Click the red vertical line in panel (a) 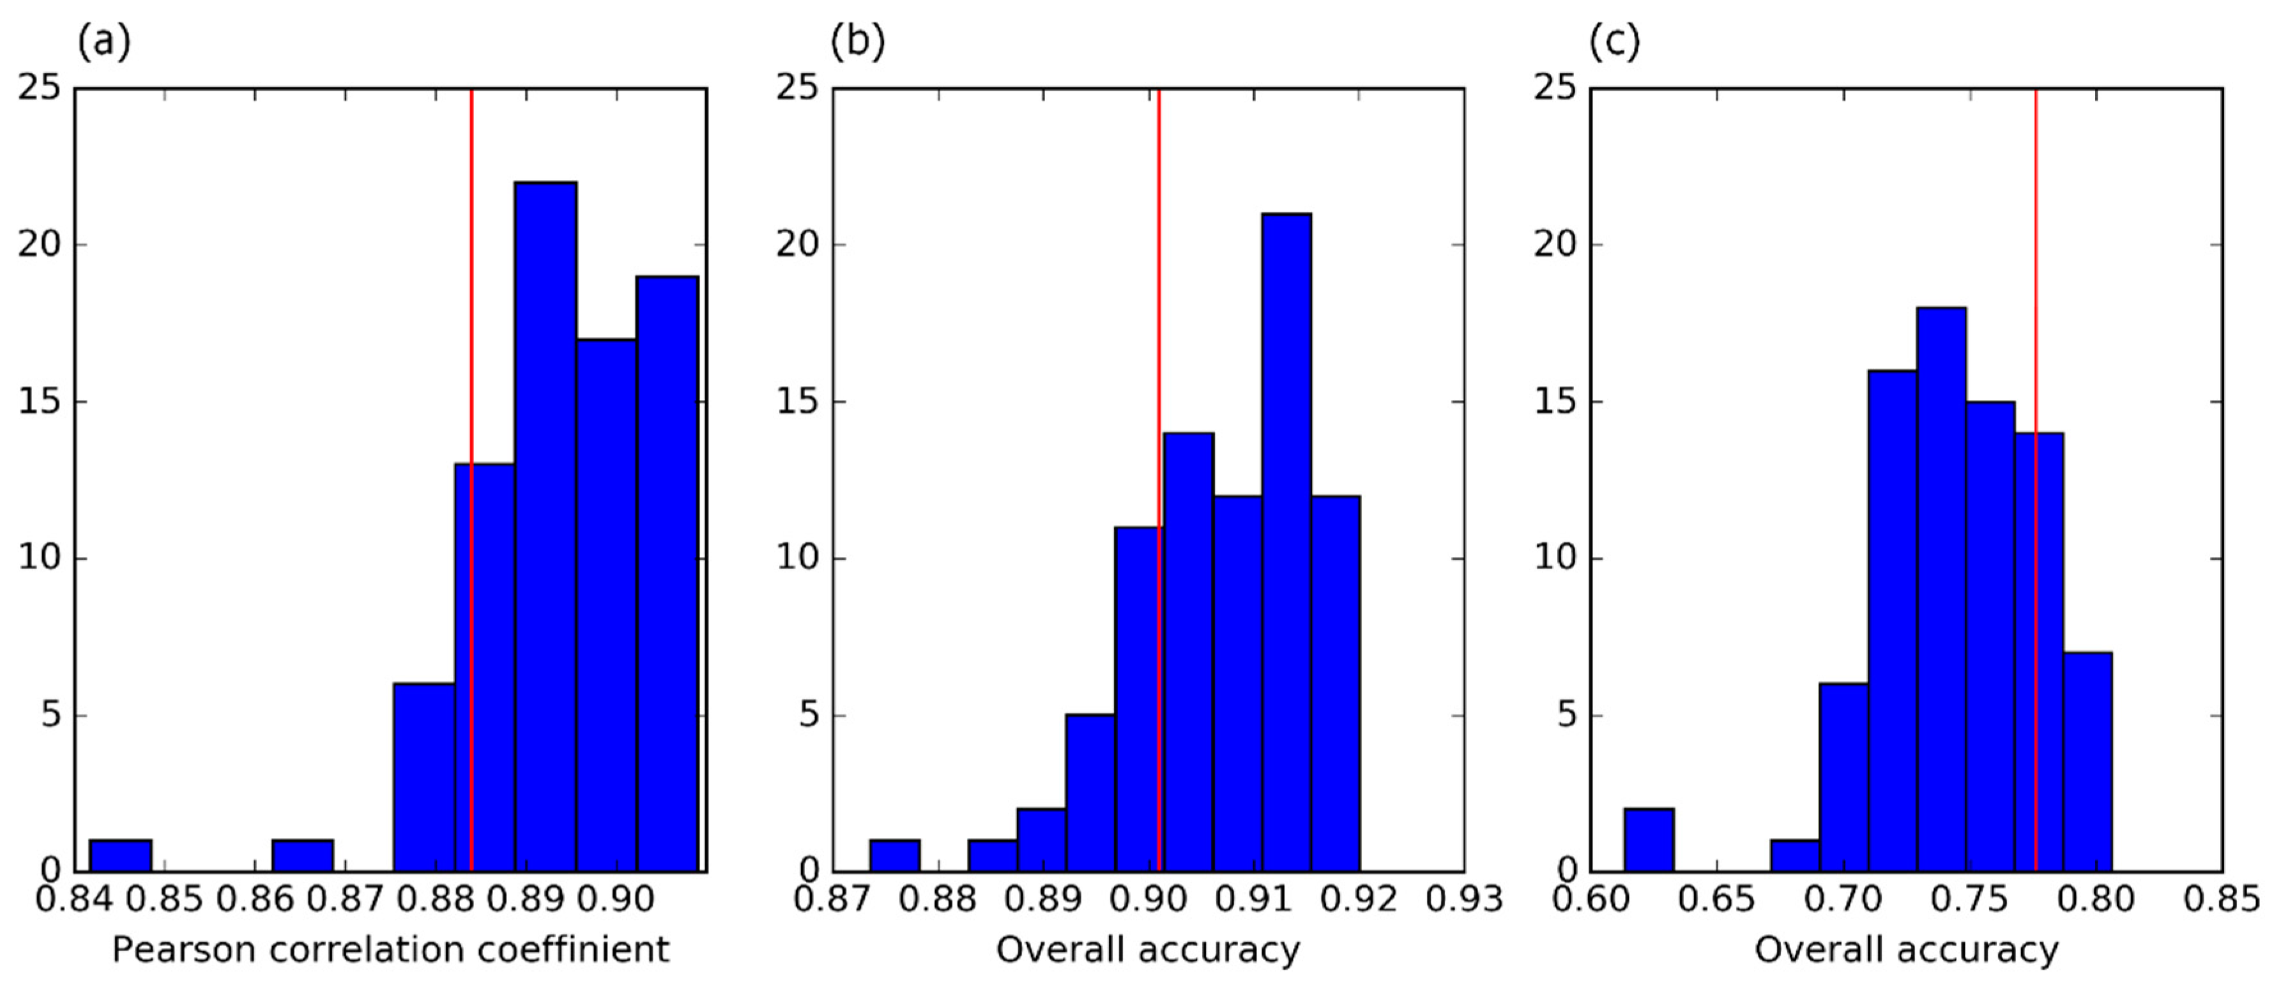click(471, 265)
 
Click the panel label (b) click(857, 41)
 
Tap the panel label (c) click(1615, 41)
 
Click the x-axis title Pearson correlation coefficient click(390, 950)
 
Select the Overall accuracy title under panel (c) click(1906, 950)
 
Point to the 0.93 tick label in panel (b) click(1463, 899)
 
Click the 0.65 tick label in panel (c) click(1716, 899)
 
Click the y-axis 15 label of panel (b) click(797, 402)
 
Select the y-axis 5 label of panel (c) click(1567, 715)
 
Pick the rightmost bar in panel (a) click(668, 574)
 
